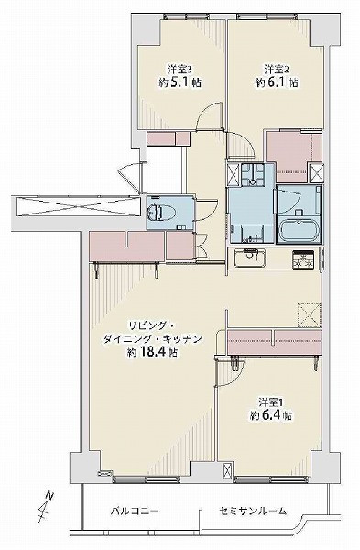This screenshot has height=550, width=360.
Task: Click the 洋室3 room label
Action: (178, 69)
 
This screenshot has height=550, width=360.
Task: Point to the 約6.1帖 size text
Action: (277, 82)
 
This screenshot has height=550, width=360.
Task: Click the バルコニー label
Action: (129, 511)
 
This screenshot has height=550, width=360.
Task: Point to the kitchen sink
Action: (248, 257)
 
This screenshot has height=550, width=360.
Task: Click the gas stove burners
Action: (303, 258)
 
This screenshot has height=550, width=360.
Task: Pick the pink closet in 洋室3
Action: (167, 137)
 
